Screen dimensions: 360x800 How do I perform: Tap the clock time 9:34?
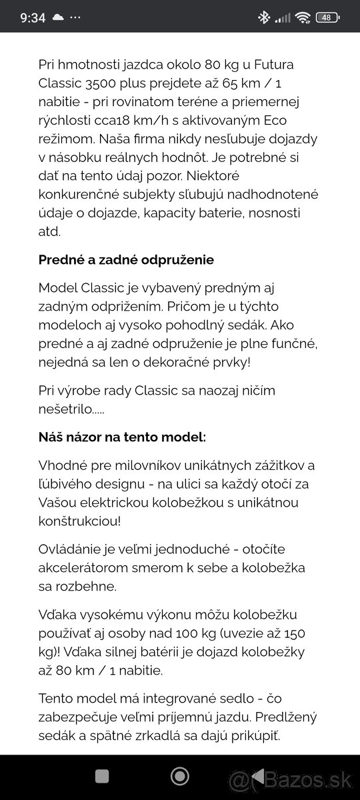click(33, 17)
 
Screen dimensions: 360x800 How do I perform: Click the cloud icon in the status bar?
click(59, 17)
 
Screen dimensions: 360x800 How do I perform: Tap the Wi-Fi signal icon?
click(303, 17)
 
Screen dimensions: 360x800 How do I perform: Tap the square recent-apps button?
click(101, 775)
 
